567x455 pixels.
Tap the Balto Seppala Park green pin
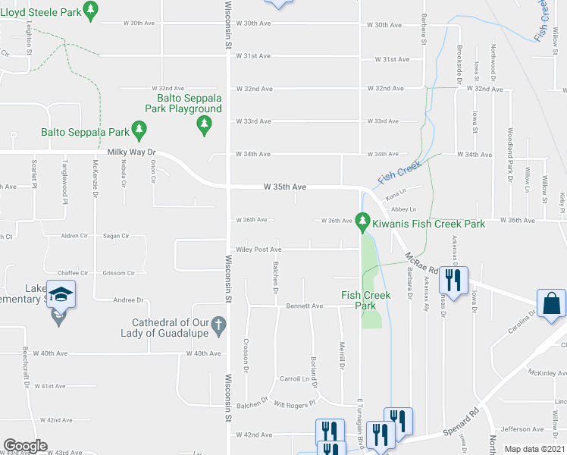tap(139, 130)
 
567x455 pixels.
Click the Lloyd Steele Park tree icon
tap(90, 10)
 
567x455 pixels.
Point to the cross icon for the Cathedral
tap(218, 327)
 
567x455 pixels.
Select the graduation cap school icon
tap(61, 294)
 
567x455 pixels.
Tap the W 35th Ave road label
tap(285, 186)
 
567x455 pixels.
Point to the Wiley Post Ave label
tap(258, 249)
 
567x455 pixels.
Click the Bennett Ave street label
tap(305, 306)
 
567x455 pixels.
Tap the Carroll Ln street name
tap(296, 378)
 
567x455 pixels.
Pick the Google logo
tap(25, 446)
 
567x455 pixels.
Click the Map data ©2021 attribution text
tap(534, 449)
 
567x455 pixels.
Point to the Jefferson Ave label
tap(522, 429)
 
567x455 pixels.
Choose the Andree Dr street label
tap(128, 300)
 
